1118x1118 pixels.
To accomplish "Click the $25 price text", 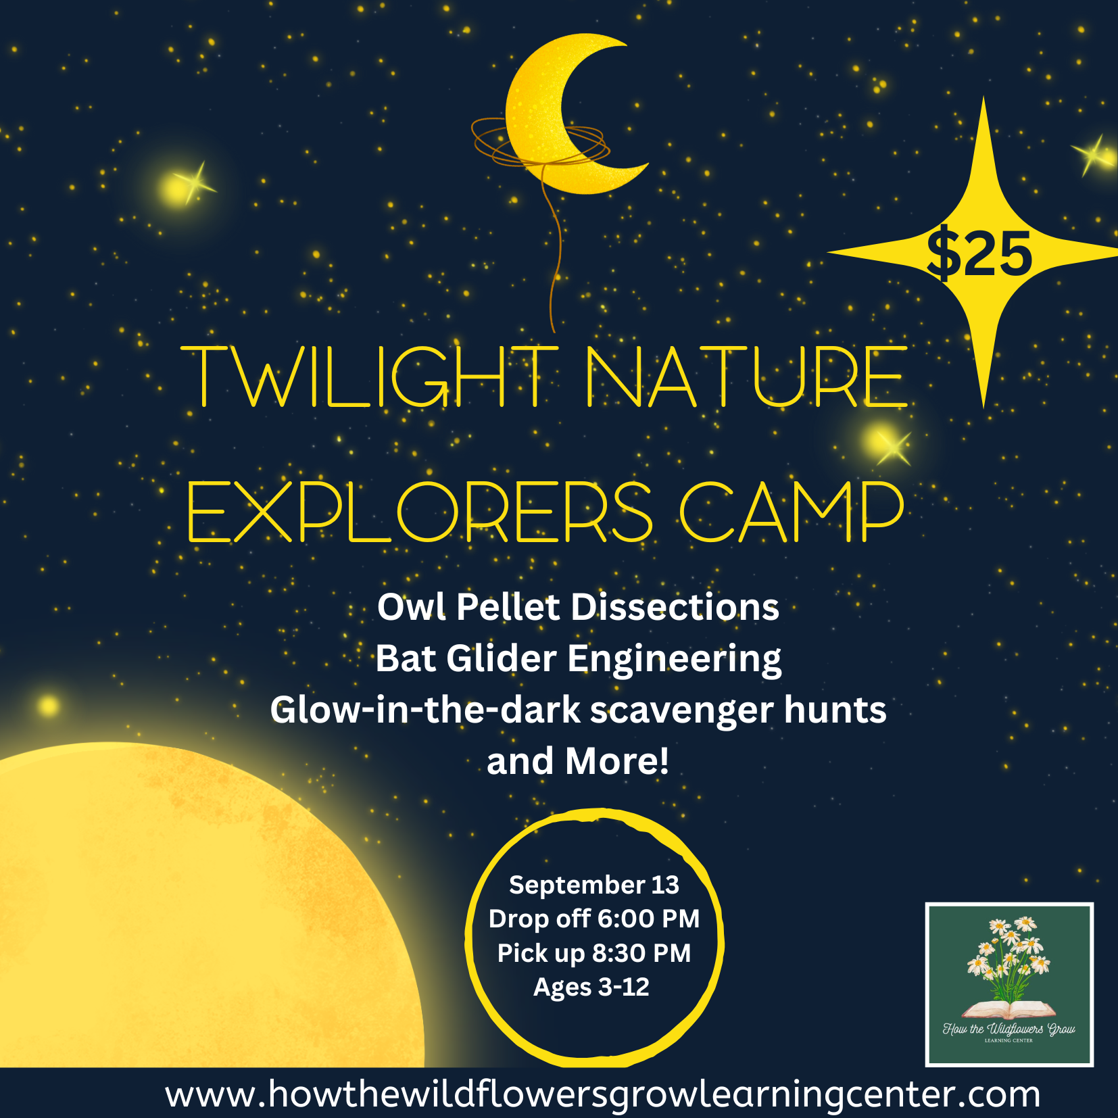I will [979, 254].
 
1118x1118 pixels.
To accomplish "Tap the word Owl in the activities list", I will [412, 607].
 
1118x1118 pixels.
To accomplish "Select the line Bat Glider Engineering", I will [578, 658].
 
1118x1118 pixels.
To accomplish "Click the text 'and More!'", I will [578, 761].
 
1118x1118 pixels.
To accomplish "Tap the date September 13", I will [593, 885].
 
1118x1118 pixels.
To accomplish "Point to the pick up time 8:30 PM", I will [641, 953].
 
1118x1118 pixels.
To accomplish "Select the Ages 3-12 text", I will [591, 988].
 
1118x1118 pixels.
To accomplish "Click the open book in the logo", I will [1008, 1010].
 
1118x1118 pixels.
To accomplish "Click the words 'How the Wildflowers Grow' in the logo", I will [1008, 1029].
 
